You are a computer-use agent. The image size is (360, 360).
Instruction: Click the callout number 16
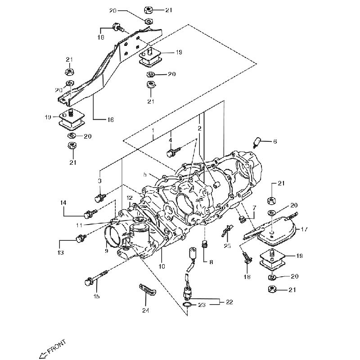coord(110,120)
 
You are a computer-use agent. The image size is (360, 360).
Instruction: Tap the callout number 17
coord(304,229)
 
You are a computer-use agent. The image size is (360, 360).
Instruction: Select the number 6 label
coord(275,141)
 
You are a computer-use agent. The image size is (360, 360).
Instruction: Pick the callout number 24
coord(145,310)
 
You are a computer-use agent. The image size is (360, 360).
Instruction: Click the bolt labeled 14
coord(89,210)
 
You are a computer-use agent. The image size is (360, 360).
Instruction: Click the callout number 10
coord(162,266)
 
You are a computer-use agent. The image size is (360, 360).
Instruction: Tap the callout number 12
coord(130,198)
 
